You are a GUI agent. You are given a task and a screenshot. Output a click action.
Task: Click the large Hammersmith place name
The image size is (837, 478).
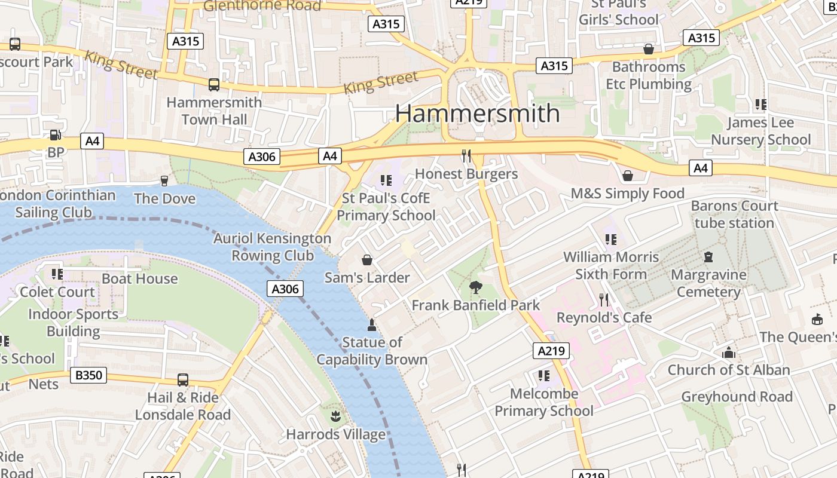[x=477, y=114]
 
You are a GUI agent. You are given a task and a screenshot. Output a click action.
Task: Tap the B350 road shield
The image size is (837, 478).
[x=89, y=375]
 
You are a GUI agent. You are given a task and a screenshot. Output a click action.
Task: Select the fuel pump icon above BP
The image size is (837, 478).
[x=55, y=136]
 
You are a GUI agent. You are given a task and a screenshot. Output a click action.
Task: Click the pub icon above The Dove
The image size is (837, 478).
[x=164, y=180]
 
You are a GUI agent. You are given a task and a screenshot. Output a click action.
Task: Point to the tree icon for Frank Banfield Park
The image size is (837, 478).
[x=476, y=287]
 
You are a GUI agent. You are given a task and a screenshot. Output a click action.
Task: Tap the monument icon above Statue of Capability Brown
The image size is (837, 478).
[x=371, y=325]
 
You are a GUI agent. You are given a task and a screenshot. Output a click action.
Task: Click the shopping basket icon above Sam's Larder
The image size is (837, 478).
[x=367, y=260]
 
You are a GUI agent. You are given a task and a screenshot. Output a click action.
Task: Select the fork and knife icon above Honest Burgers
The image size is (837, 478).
[x=466, y=156]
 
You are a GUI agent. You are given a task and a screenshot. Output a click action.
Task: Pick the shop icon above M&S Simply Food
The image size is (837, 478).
[x=628, y=176]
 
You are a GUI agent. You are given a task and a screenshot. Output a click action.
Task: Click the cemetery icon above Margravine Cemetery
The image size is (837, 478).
[x=708, y=257]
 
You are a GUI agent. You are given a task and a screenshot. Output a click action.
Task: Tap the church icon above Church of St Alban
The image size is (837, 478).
[x=728, y=353]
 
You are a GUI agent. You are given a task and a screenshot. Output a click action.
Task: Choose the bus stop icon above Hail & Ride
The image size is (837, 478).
[x=182, y=379]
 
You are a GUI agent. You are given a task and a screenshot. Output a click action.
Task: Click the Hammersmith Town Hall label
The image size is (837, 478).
[x=214, y=111]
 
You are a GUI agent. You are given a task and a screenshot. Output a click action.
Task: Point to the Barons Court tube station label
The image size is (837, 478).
[x=734, y=215]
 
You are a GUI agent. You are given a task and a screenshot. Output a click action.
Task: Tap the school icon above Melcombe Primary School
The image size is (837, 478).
[x=543, y=376]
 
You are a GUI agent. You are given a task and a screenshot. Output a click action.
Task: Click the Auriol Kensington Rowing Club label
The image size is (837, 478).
[x=273, y=247]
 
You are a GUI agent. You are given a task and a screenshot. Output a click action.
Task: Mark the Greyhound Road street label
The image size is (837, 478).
[x=737, y=397]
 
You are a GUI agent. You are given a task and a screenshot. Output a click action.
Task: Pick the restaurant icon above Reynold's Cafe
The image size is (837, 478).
[x=604, y=299]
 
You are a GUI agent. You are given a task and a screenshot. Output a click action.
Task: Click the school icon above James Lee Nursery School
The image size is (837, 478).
[x=760, y=105]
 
